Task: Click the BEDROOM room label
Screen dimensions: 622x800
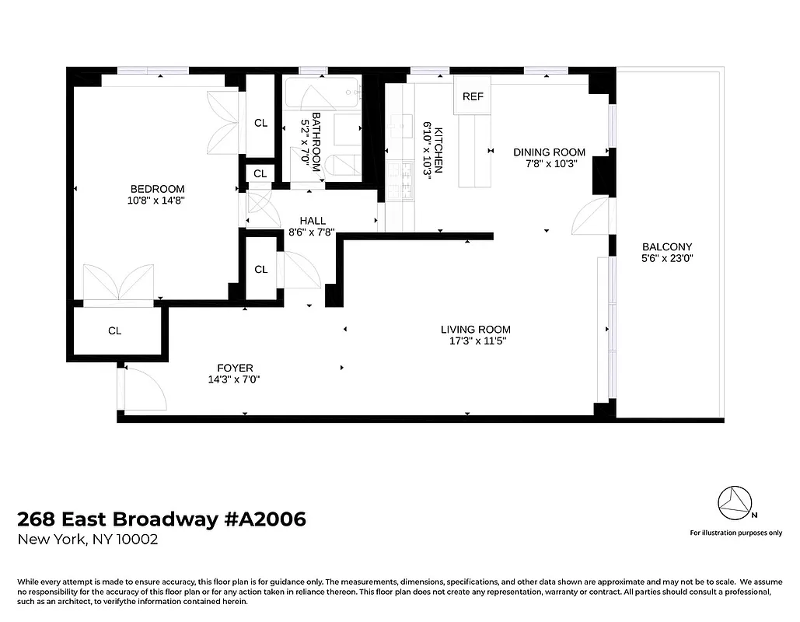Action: tap(157, 189)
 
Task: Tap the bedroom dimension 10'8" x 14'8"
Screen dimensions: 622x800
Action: tap(157, 201)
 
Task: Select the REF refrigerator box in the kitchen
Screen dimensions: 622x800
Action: tap(473, 96)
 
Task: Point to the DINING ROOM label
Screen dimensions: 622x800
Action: tap(549, 152)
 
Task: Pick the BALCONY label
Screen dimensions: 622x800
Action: tap(667, 247)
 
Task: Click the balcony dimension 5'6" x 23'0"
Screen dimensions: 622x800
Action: tap(667, 259)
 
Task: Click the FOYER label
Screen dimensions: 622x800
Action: tap(235, 368)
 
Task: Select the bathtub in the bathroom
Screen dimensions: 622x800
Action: tap(321, 93)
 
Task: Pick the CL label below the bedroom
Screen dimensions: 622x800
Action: tap(115, 331)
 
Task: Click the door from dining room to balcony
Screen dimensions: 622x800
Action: tap(591, 217)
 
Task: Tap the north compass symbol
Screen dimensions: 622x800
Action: tap(734, 504)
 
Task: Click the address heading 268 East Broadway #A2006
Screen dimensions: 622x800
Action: tap(162, 519)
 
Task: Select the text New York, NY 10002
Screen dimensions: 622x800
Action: tap(88, 540)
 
